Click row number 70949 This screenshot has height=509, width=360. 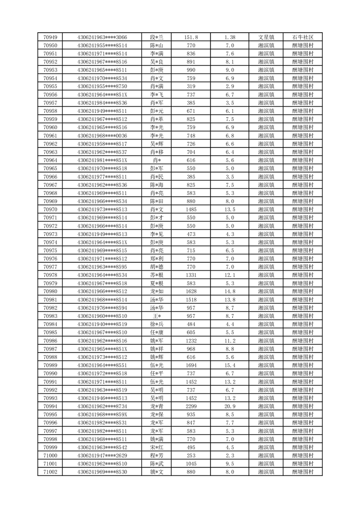click(x=50, y=37)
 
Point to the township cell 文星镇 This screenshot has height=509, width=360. click(x=266, y=37)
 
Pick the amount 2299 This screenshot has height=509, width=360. click(x=191, y=406)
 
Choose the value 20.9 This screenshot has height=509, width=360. click(x=230, y=406)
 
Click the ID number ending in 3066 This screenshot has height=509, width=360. click(x=102, y=37)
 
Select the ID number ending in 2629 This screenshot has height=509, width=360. click(x=102, y=455)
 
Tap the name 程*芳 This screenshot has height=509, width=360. click(x=156, y=455)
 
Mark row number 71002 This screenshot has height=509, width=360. click(x=50, y=472)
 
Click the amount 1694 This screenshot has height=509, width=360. click(x=191, y=365)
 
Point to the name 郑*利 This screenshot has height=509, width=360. click(x=156, y=259)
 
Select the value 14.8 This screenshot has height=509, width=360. click(x=230, y=291)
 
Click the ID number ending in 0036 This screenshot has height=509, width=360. click(x=102, y=136)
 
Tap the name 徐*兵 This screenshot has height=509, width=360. click(x=156, y=324)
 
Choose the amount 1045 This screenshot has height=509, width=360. click(x=191, y=464)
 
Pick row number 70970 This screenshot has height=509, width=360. click(x=50, y=209)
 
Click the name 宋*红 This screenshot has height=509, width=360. click(x=156, y=447)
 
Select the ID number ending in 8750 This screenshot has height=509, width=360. click(x=102, y=86)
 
